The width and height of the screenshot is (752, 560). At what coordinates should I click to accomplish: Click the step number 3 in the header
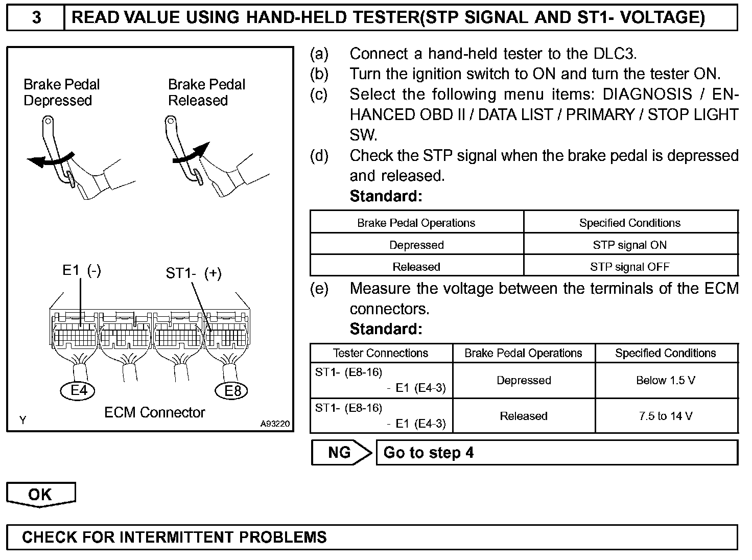click(36, 18)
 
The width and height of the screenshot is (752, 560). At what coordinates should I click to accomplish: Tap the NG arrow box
click(341, 453)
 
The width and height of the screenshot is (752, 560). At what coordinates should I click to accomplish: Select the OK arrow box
click(40, 495)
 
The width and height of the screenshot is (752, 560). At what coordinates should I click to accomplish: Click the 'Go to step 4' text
click(428, 453)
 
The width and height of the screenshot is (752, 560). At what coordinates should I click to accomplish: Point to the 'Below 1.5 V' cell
click(666, 380)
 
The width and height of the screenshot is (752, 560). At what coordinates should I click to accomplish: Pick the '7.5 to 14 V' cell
click(666, 416)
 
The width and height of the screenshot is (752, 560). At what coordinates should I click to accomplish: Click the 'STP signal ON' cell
click(629, 245)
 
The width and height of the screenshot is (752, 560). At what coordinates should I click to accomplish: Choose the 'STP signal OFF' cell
click(629, 267)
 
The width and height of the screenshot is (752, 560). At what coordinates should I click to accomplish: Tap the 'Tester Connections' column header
click(381, 353)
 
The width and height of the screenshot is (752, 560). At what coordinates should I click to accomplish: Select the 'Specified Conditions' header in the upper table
click(629, 223)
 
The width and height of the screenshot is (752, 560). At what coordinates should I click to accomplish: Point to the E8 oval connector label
click(232, 391)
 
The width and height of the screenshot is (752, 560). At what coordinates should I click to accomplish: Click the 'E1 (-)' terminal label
click(81, 270)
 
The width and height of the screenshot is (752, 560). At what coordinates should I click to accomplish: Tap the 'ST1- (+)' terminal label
click(194, 273)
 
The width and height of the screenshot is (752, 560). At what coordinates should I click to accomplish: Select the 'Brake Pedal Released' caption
click(206, 92)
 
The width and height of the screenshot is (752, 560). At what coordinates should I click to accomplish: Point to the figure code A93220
click(274, 423)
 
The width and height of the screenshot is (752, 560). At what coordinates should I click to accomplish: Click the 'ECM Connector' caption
click(154, 412)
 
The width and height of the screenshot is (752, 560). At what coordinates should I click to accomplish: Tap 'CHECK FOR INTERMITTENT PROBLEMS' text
click(174, 537)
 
